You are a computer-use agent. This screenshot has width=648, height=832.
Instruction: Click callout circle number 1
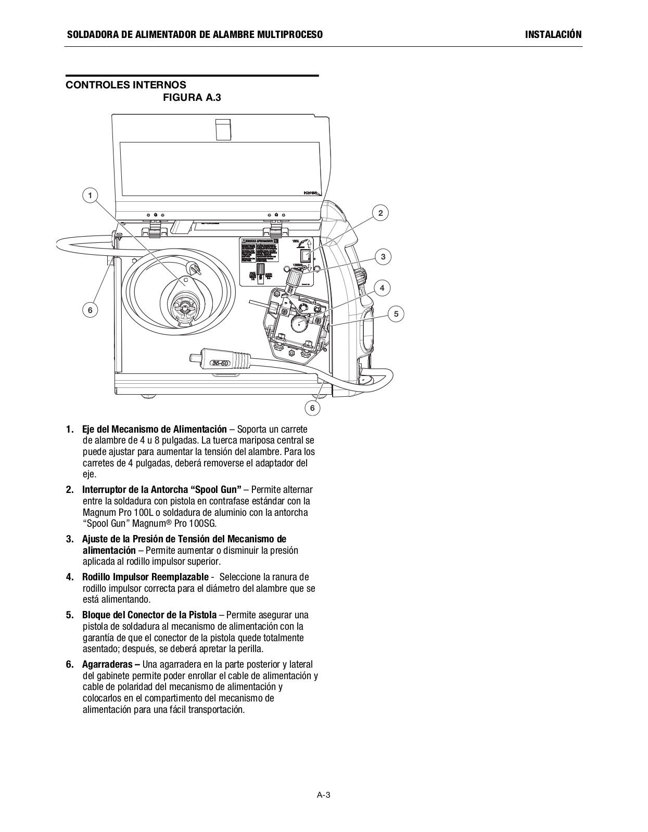[90, 196]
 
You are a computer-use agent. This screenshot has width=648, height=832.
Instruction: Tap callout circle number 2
[380, 213]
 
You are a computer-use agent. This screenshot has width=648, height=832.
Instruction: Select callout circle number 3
[383, 256]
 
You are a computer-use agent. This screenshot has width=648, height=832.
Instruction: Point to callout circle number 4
[382, 288]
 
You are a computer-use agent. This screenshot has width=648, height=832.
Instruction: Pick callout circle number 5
[396, 314]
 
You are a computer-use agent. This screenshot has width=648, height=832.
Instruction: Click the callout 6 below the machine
[312, 408]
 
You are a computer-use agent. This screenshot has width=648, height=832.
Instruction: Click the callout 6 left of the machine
[90, 310]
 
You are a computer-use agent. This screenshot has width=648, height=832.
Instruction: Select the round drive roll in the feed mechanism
[299, 323]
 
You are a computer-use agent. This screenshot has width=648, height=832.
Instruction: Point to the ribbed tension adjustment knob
[294, 279]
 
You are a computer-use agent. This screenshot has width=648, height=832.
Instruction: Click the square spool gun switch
[306, 256]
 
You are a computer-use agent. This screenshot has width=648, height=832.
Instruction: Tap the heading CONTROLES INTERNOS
[125, 85]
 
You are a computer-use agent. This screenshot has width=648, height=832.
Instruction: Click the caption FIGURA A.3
[192, 97]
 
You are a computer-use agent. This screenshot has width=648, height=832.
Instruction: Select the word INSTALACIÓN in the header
[553, 35]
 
